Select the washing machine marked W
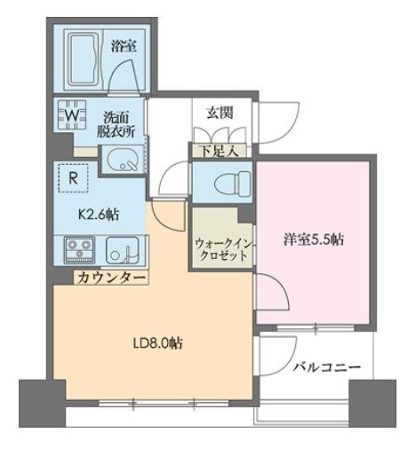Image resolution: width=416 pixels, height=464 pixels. (71, 115)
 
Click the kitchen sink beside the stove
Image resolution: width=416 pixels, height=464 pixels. (121, 250)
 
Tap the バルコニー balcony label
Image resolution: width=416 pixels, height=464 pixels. (324, 366)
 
